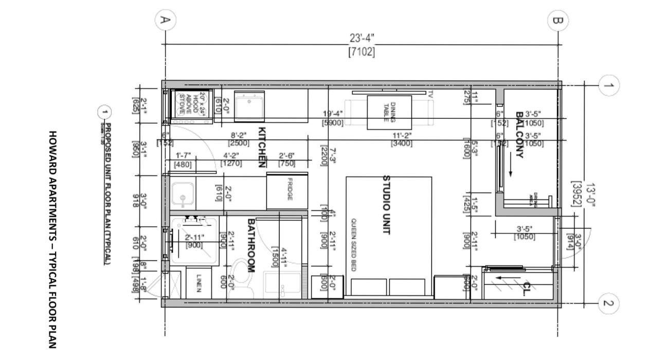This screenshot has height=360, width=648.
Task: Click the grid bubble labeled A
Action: pyautogui.click(x=165, y=21)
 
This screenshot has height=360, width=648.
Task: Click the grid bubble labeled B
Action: pyautogui.click(x=557, y=21)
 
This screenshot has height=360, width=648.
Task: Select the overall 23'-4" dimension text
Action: pyautogui.click(x=362, y=39)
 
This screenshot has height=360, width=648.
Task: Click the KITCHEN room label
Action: pyautogui.click(x=261, y=147)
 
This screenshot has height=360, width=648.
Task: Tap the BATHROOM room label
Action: pyautogui.click(x=251, y=245)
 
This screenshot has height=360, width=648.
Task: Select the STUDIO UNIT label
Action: pyautogui.click(x=386, y=205)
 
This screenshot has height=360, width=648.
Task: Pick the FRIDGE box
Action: pyautogui.click(x=287, y=191)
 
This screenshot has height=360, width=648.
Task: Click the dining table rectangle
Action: pyautogui.click(x=389, y=112)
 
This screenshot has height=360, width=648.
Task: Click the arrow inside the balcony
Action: pyautogui.click(x=510, y=167)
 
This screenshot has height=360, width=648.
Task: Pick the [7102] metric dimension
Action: pyautogui.click(x=362, y=51)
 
